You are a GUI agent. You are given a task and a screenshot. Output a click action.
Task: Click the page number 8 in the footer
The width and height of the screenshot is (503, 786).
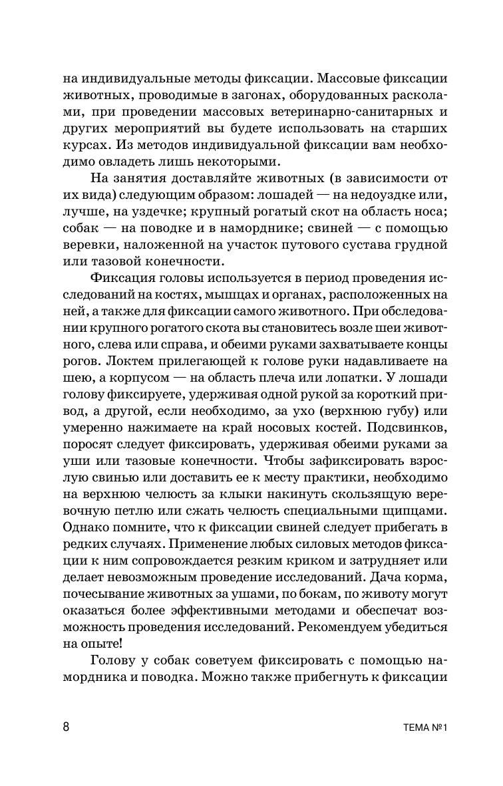coord(66,727)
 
